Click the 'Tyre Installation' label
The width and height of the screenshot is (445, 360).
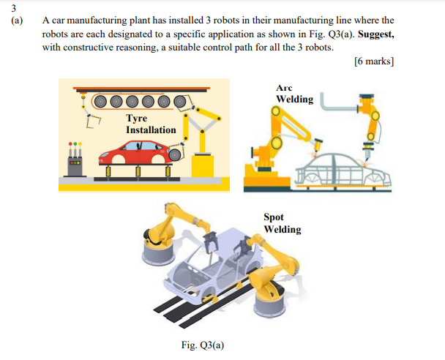click(x=151, y=124)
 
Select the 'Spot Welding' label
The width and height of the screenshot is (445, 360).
click(x=282, y=223)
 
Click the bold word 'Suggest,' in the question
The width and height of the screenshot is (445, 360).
click(x=373, y=34)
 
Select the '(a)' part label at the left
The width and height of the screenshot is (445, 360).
click(x=17, y=21)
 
